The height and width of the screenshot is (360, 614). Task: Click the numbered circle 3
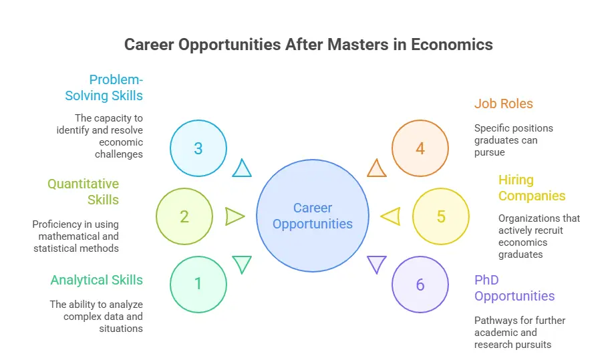pyautogui.click(x=198, y=148)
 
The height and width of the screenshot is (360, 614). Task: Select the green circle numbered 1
pyautogui.click(x=198, y=285)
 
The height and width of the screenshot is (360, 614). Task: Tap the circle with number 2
pyautogui.click(x=184, y=216)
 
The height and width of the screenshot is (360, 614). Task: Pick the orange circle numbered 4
pyautogui.click(x=420, y=148)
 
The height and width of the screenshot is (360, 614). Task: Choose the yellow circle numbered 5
pyautogui.click(x=441, y=216)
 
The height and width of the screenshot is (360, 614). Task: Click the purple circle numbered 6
pyautogui.click(x=420, y=285)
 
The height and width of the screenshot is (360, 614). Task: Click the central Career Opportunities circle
pyautogui.click(x=313, y=216)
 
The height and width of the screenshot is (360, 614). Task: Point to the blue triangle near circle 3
pyautogui.click(x=242, y=168)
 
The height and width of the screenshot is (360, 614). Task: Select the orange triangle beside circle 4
pyautogui.click(x=377, y=168)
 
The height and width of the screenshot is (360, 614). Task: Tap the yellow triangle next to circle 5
pyautogui.click(x=391, y=216)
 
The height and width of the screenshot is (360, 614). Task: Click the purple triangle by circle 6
pyautogui.click(x=377, y=264)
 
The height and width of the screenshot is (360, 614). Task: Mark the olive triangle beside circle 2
pyautogui.click(x=235, y=216)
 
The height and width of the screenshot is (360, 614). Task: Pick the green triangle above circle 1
pyautogui.click(x=242, y=264)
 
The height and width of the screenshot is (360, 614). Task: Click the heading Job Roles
pyautogui.click(x=504, y=104)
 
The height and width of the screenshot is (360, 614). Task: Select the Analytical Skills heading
pyautogui.click(x=97, y=280)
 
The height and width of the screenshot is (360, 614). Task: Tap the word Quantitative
pyautogui.click(x=83, y=184)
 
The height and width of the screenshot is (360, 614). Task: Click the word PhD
pyautogui.click(x=486, y=280)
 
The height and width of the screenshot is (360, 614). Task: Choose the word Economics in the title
pyautogui.click(x=452, y=45)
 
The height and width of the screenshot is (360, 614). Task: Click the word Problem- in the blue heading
pyautogui.click(x=116, y=80)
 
